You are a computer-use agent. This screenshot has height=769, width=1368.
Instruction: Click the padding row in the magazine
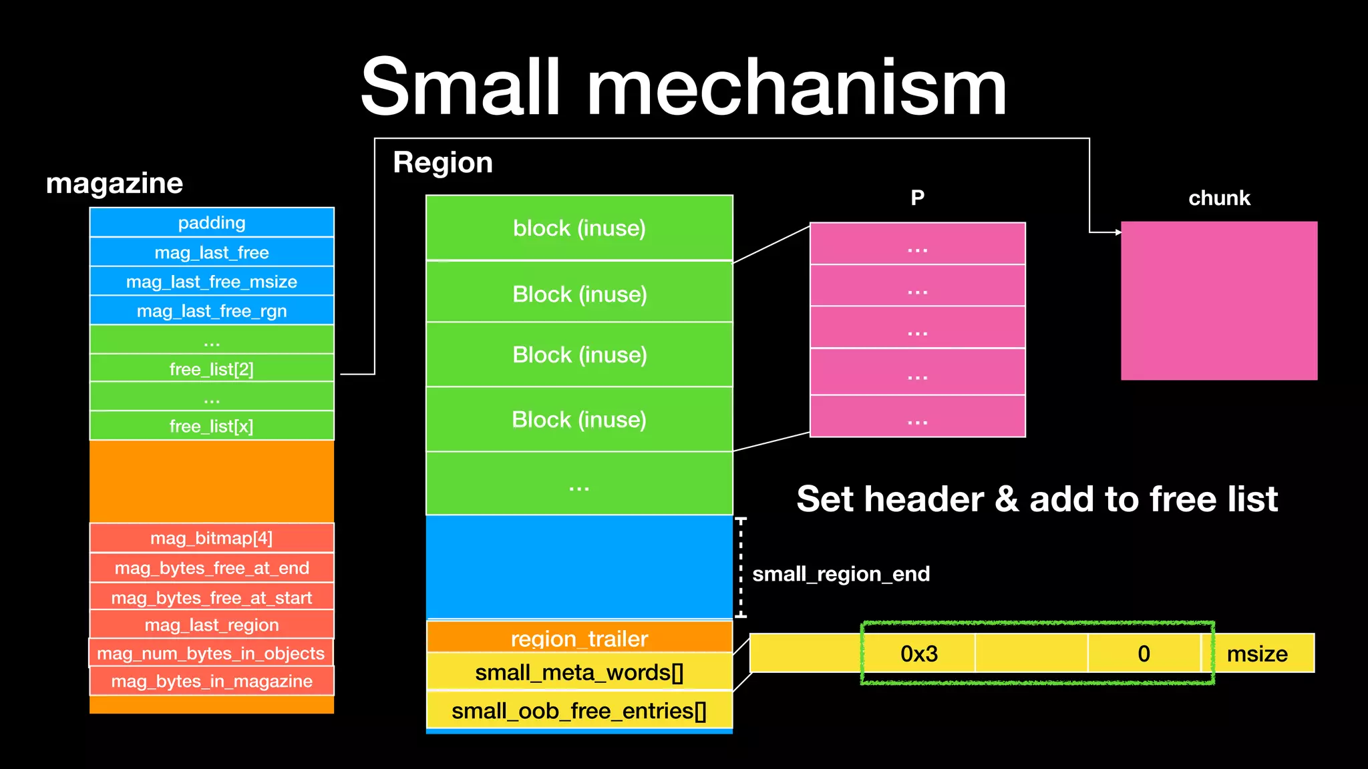coord(212,223)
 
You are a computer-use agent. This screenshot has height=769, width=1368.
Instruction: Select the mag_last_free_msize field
coord(212,282)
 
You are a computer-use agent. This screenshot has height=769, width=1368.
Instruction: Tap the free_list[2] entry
coord(212,369)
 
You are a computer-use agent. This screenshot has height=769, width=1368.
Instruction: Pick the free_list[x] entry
coord(212,426)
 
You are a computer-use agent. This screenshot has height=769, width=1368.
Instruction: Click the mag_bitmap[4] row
coord(212,538)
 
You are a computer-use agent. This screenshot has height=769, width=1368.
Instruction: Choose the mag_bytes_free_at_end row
coord(212,568)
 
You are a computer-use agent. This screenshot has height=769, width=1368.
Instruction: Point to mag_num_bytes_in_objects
coord(211,653)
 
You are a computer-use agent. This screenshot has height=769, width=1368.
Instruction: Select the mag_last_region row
coord(212,625)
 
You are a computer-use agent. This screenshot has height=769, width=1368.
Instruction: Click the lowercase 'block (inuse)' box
coord(579,228)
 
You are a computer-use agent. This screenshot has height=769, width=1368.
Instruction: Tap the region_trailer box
coord(579,637)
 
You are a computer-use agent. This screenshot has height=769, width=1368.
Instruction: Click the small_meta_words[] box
coord(579,672)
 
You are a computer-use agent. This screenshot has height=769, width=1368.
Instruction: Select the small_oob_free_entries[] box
coord(579,711)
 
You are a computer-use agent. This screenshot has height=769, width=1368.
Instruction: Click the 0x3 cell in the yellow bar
coord(919,654)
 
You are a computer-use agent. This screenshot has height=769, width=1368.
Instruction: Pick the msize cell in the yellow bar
coord(1258,654)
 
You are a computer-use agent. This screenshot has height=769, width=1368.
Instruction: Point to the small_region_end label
coord(841,574)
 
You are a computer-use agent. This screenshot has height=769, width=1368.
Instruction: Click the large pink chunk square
coord(1219,301)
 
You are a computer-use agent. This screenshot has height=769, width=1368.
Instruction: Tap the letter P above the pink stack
coord(918,198)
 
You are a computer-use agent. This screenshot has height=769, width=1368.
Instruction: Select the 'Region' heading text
coord(443,163)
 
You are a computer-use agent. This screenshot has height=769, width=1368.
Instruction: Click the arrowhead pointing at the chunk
coord(1118,232)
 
